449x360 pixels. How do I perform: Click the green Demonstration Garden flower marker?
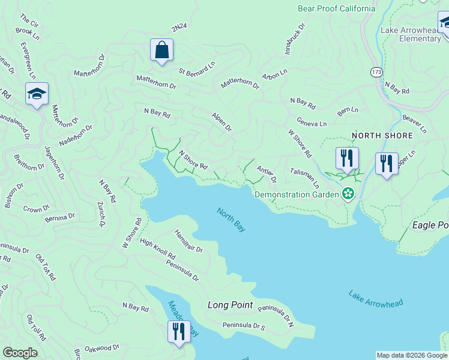click(x=348, y=193)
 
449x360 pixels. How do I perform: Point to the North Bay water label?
click(x=231, y=220)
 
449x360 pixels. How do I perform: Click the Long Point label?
click(x=230, y=305)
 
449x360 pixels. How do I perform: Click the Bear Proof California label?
click(x=337, y=8)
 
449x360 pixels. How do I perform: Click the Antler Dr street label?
click(x=267, y=175)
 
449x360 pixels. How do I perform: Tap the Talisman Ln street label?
click(x=304, y=178)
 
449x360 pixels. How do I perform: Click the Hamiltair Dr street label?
click(x=188, y=241)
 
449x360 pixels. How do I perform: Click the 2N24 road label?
click(x=179, y=28)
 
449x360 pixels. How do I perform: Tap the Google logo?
click(x=20, y=353)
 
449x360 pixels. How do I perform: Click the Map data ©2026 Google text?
click(x=411, y=355)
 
